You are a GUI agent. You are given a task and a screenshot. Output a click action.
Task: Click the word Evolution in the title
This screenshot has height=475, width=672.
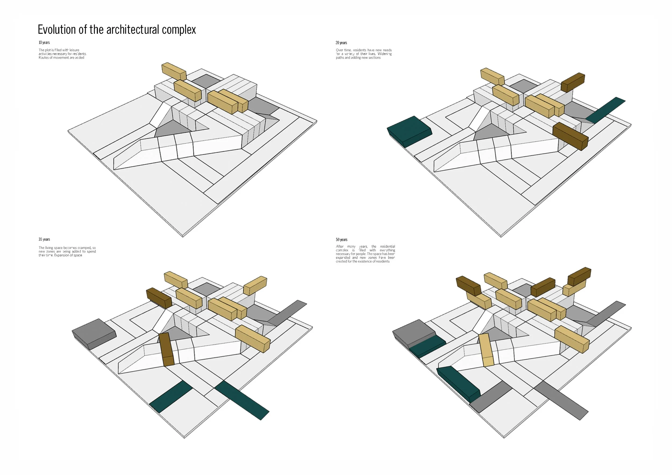coord(57,30)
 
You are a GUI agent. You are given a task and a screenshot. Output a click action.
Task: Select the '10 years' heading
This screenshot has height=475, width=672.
coord(44,42)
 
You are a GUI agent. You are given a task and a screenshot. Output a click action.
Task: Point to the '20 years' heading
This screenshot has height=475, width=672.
coord(341,43)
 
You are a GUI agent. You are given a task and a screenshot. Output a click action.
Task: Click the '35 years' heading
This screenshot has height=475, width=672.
coord(44,240)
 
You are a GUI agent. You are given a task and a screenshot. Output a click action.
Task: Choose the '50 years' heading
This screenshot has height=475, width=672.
coord(342,240)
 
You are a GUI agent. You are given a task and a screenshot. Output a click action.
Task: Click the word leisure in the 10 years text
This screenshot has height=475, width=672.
coord(74,50)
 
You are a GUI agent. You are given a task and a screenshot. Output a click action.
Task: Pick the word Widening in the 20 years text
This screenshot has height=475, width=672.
coord(385,54)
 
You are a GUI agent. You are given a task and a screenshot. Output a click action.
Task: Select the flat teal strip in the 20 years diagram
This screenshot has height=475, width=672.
coord(605,110)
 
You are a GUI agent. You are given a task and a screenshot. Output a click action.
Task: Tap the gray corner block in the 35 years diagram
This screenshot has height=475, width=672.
coord(94,333)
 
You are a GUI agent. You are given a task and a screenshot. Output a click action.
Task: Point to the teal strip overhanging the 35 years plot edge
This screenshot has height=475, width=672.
coord(242,400)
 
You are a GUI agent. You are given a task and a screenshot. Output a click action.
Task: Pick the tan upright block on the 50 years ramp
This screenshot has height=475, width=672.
coord(486,350)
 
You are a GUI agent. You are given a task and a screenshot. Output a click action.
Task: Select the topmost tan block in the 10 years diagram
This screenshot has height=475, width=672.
coord(174,71)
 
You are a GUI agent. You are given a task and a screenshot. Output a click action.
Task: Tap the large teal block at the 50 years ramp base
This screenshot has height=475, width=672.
coord(458,383)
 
